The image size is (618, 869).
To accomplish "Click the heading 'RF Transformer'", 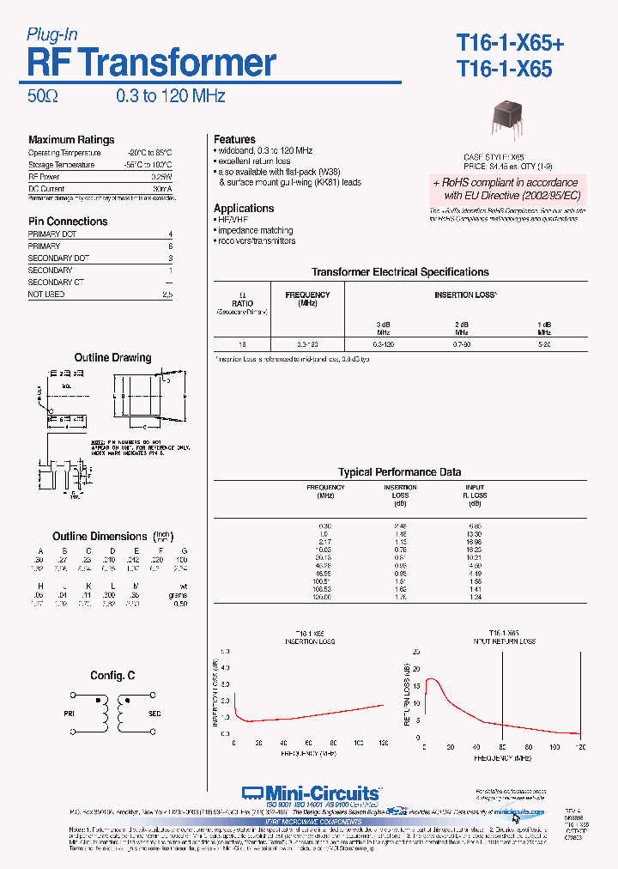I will pyautogui.click(x=152, y=64).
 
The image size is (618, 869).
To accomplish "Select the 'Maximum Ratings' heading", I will pyautogui.click(x=71, y=140).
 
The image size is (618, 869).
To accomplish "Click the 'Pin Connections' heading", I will pyautogui.click(x=68, y=222).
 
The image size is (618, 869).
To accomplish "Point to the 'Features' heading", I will pyautogui.click(x=234, y=139).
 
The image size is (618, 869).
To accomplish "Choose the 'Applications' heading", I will pyautogui.click(x=244, y=209).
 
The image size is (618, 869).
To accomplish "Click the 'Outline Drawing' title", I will pyautogui.click(x=112, y=358).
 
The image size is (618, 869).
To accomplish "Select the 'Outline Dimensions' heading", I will pyautogui.click(x=100, y=537).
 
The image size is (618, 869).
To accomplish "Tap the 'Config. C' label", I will pyautogui.click(x=112, y=676).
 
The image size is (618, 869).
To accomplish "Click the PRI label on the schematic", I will pyautogui.click(x=70, y=714).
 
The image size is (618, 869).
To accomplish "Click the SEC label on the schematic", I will pyautogui.click(x=154, y=714).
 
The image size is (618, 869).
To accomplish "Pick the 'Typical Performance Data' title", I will pyautogui.click(x=399, y=472).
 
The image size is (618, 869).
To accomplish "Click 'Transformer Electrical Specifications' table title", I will pyautogui.click(x=400, y=272).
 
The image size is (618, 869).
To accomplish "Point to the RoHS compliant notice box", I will pyautogui.click(x=506, y=189).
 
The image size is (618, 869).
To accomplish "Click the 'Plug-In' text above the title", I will pyautogui.click(x=52, y=34).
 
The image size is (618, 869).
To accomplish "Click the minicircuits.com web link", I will pyautogui.click(x=518, y=811).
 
